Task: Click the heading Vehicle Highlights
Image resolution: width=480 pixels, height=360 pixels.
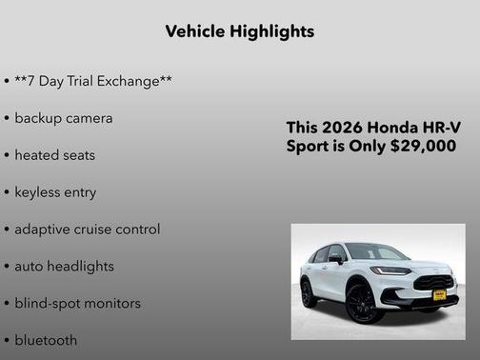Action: (239, 31)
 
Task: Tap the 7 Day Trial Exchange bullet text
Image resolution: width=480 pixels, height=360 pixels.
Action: (93, 81)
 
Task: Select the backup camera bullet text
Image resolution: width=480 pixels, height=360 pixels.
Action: (64, 118)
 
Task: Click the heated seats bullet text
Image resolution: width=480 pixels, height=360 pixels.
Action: (55, 155)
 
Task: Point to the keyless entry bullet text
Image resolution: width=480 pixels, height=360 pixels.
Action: (55, 192)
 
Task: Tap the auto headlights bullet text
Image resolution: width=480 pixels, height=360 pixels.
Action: (64, 267)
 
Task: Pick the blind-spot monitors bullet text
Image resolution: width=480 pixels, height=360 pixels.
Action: (77, 304)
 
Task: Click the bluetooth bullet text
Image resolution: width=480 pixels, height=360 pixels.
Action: (46, 340)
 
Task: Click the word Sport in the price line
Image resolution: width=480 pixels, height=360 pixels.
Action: (308, 147)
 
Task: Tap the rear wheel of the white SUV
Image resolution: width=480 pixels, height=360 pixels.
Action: (309, 292)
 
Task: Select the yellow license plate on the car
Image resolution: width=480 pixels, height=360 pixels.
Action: (440, 295)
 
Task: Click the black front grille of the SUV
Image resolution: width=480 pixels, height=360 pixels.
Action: (434, 282)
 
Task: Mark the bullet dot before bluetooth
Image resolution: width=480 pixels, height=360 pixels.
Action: (7, 340)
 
